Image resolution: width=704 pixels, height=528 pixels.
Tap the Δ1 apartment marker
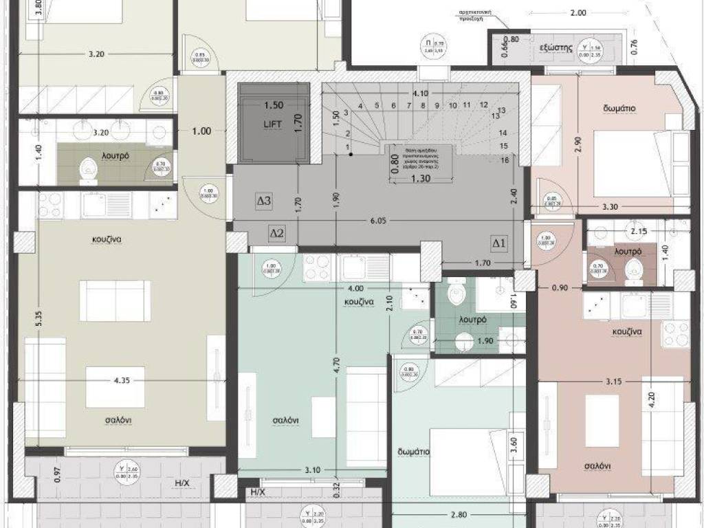click(x=498, y=242)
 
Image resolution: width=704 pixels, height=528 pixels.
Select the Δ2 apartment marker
click(x=276, y=234)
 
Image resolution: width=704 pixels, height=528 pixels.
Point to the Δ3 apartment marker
click(x=264, y=201)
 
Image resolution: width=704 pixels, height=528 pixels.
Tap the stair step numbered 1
click(x=348, y=147)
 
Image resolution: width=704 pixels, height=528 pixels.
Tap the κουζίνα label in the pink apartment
click(x=627, y=331)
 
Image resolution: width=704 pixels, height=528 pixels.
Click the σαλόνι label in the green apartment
click(x=284, y=421)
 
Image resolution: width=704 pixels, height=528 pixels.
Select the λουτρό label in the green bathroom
click(x=473, y=320)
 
